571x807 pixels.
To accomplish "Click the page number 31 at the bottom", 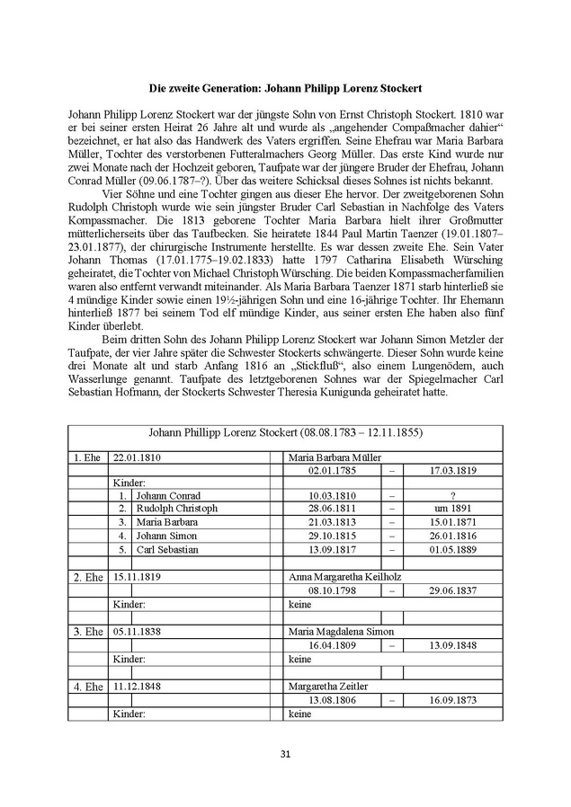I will point(285,754).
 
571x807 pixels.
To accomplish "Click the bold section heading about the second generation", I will point(285,89).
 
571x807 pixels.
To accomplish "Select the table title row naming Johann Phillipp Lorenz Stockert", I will point(285,432).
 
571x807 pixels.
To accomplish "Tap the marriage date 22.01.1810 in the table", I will point(137,457).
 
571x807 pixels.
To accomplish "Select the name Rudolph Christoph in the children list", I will point(176,509).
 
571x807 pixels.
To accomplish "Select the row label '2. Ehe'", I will point(88,574).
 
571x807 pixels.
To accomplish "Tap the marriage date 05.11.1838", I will point(137,631).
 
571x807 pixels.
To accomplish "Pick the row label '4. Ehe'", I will point(88,687).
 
